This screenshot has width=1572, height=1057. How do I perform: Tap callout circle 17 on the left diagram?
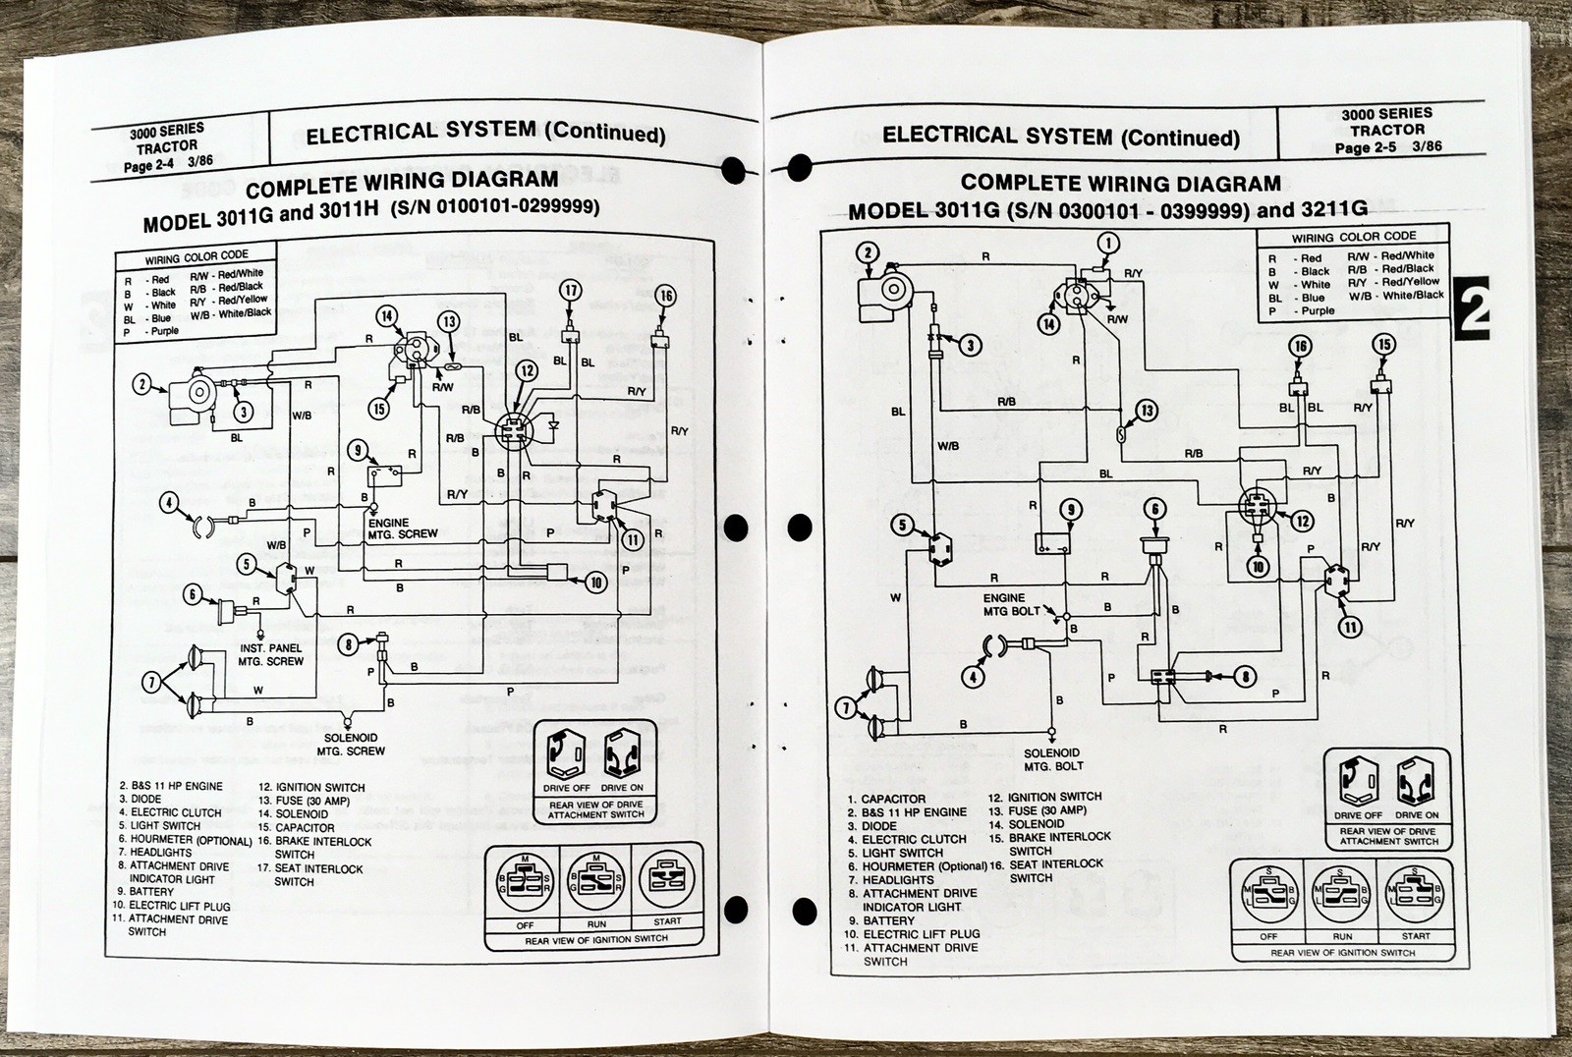pos(571,290)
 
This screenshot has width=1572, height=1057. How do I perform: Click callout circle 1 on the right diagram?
pos(1108,244)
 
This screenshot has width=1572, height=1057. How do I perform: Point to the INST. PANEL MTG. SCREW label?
pos(270,654)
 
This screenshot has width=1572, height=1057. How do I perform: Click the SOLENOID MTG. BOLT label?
pos(1053,759)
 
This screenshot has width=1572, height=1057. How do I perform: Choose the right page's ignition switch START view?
pos(1415,895)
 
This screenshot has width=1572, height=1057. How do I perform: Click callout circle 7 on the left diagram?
pos(150,681)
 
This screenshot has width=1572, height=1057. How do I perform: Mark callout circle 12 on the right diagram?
pos(1302,522)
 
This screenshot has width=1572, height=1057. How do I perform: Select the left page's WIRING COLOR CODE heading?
pos(196,258)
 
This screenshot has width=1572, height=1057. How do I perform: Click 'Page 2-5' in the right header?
pos(1365,147)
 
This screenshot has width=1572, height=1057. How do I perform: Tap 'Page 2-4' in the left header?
pos(148,166)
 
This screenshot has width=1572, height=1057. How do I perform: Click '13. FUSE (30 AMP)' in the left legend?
pos(304,801)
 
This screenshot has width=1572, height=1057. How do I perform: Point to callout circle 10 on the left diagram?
pos(595,583)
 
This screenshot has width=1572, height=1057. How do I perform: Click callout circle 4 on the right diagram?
pos(973,677)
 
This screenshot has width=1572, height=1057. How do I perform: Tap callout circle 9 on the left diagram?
pos(359,451)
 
